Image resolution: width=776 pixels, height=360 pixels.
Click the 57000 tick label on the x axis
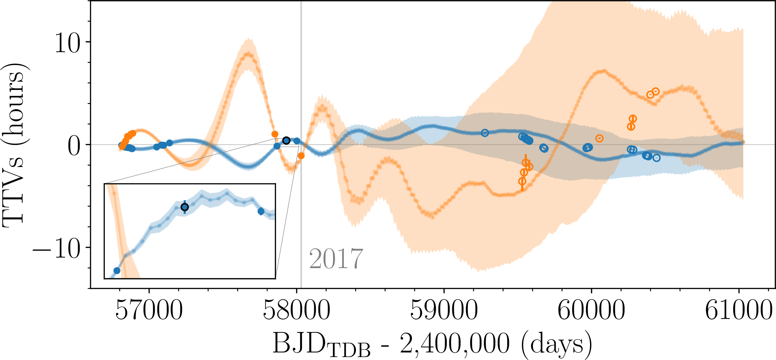149,310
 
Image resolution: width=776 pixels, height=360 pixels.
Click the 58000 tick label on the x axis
296,310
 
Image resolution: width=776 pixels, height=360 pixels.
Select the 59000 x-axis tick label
444,310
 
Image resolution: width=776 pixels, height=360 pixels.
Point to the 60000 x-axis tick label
591,310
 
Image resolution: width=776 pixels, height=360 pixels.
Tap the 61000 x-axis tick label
739,310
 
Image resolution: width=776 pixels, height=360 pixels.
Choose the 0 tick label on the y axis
74,146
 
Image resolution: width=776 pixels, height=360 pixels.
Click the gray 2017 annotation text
336,259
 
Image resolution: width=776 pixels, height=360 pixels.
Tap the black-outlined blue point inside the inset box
185,207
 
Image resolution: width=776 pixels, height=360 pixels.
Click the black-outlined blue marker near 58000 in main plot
286,140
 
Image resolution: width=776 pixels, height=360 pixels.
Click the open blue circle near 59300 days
485,133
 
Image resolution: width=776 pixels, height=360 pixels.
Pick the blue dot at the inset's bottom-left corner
117,271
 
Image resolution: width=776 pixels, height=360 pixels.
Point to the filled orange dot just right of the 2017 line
301,156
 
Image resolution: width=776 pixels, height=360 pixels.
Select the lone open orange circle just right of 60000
600,138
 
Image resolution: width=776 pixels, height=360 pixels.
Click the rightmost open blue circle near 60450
656,158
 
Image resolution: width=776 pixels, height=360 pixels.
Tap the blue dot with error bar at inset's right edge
261,211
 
